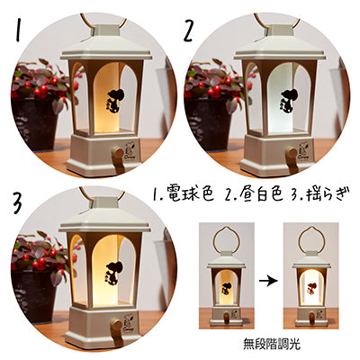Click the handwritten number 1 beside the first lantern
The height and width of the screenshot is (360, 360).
[x=19, y=30]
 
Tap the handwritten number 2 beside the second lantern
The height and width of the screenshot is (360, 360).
[x=188, y=30]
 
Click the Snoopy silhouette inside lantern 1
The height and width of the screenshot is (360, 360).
[x=114, y=102]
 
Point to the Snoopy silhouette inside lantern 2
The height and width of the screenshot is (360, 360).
[x=288, y=102]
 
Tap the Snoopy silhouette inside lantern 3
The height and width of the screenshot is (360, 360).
[x=113, y=274]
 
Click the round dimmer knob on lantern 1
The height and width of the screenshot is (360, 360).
[x=119, y=153]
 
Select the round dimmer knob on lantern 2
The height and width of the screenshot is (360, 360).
[x=292, y=152]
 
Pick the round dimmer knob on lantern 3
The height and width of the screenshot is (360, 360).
[x=116, y=325]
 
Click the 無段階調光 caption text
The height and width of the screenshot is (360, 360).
[x=272, y=344]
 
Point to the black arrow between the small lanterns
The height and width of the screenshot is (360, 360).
[x=268, y=282]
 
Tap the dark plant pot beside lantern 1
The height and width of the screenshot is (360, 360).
[x=33, y=123]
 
